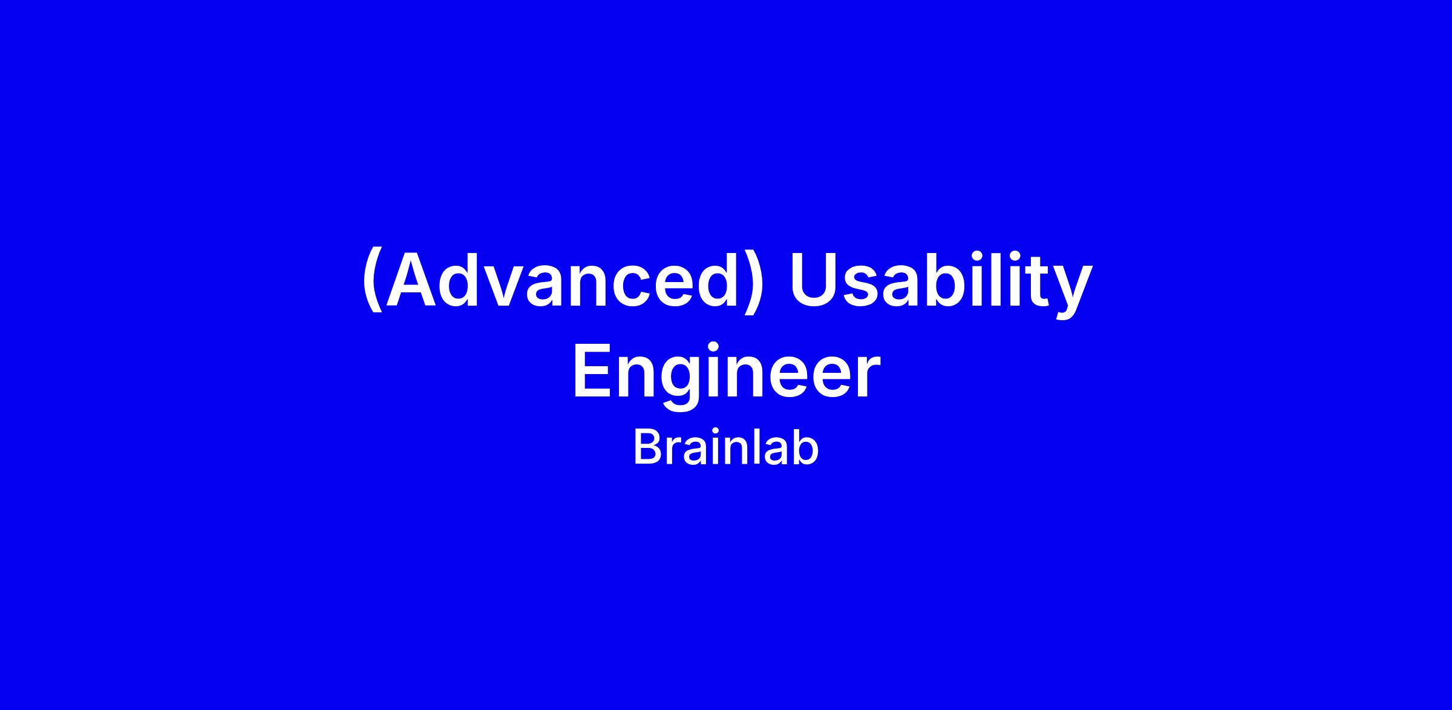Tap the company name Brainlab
[x=726, y=447]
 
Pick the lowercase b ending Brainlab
[x=805, y=447]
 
